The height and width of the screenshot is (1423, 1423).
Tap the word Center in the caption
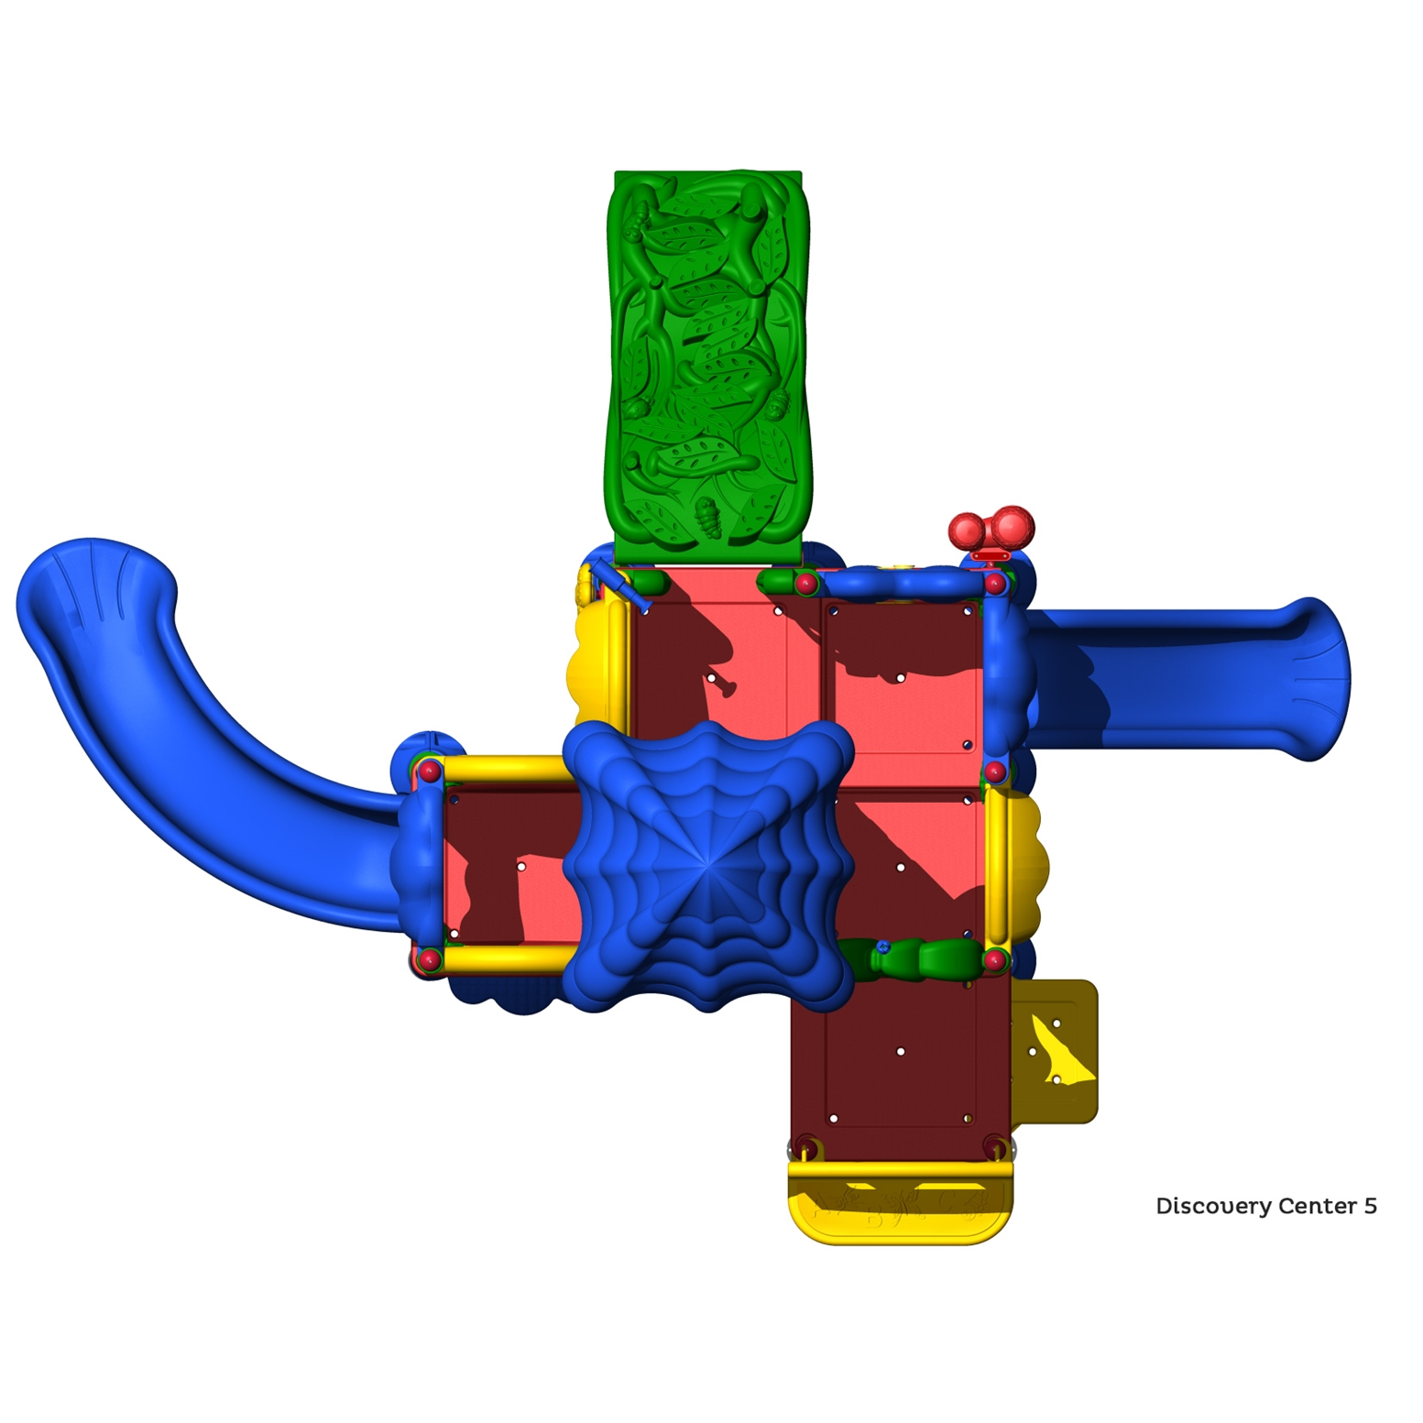pos(1317,1206)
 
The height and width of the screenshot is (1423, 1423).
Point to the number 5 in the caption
pos(1370,1206)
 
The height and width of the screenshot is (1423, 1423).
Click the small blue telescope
pos(619,586)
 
